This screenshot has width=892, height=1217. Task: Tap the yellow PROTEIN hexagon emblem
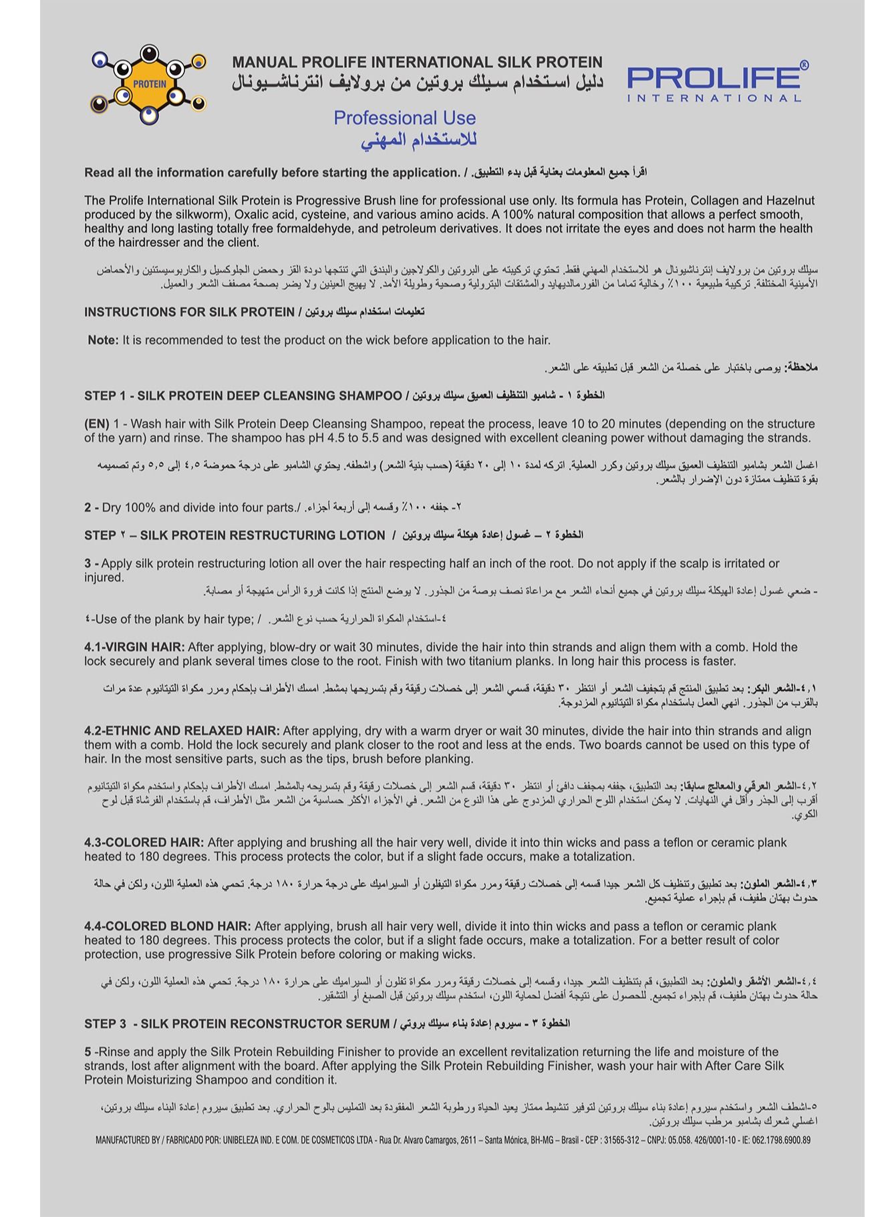click(x=149, y=84)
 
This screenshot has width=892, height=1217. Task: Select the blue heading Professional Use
click(x=404, y=118)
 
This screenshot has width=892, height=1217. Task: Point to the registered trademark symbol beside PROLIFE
click(x=804, y=65)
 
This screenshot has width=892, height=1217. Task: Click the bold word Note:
click(x=103, y=340)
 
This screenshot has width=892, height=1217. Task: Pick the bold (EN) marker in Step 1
click(x=97, y=424)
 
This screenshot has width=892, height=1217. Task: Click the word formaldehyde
click(x=456, y=229)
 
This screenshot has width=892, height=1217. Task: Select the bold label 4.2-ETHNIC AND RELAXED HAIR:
click(x=182, y=730)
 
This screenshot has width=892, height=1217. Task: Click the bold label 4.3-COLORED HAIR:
click(x=144, y=842)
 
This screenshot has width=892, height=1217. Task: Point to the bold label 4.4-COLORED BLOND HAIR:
click(x=167, y=926)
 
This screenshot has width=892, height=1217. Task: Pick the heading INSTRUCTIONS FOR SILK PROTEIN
click(x=189, y=312)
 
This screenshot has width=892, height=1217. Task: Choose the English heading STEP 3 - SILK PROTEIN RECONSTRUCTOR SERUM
click(x=237, y=1023)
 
